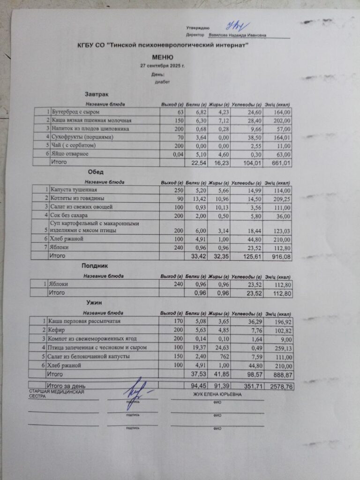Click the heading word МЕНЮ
pos(163,57)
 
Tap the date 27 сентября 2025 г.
pos(163,66)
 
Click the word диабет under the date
pos(163,82)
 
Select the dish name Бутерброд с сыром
pos(75,112)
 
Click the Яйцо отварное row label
pos(70,154)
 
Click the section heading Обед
pos(96,172)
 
